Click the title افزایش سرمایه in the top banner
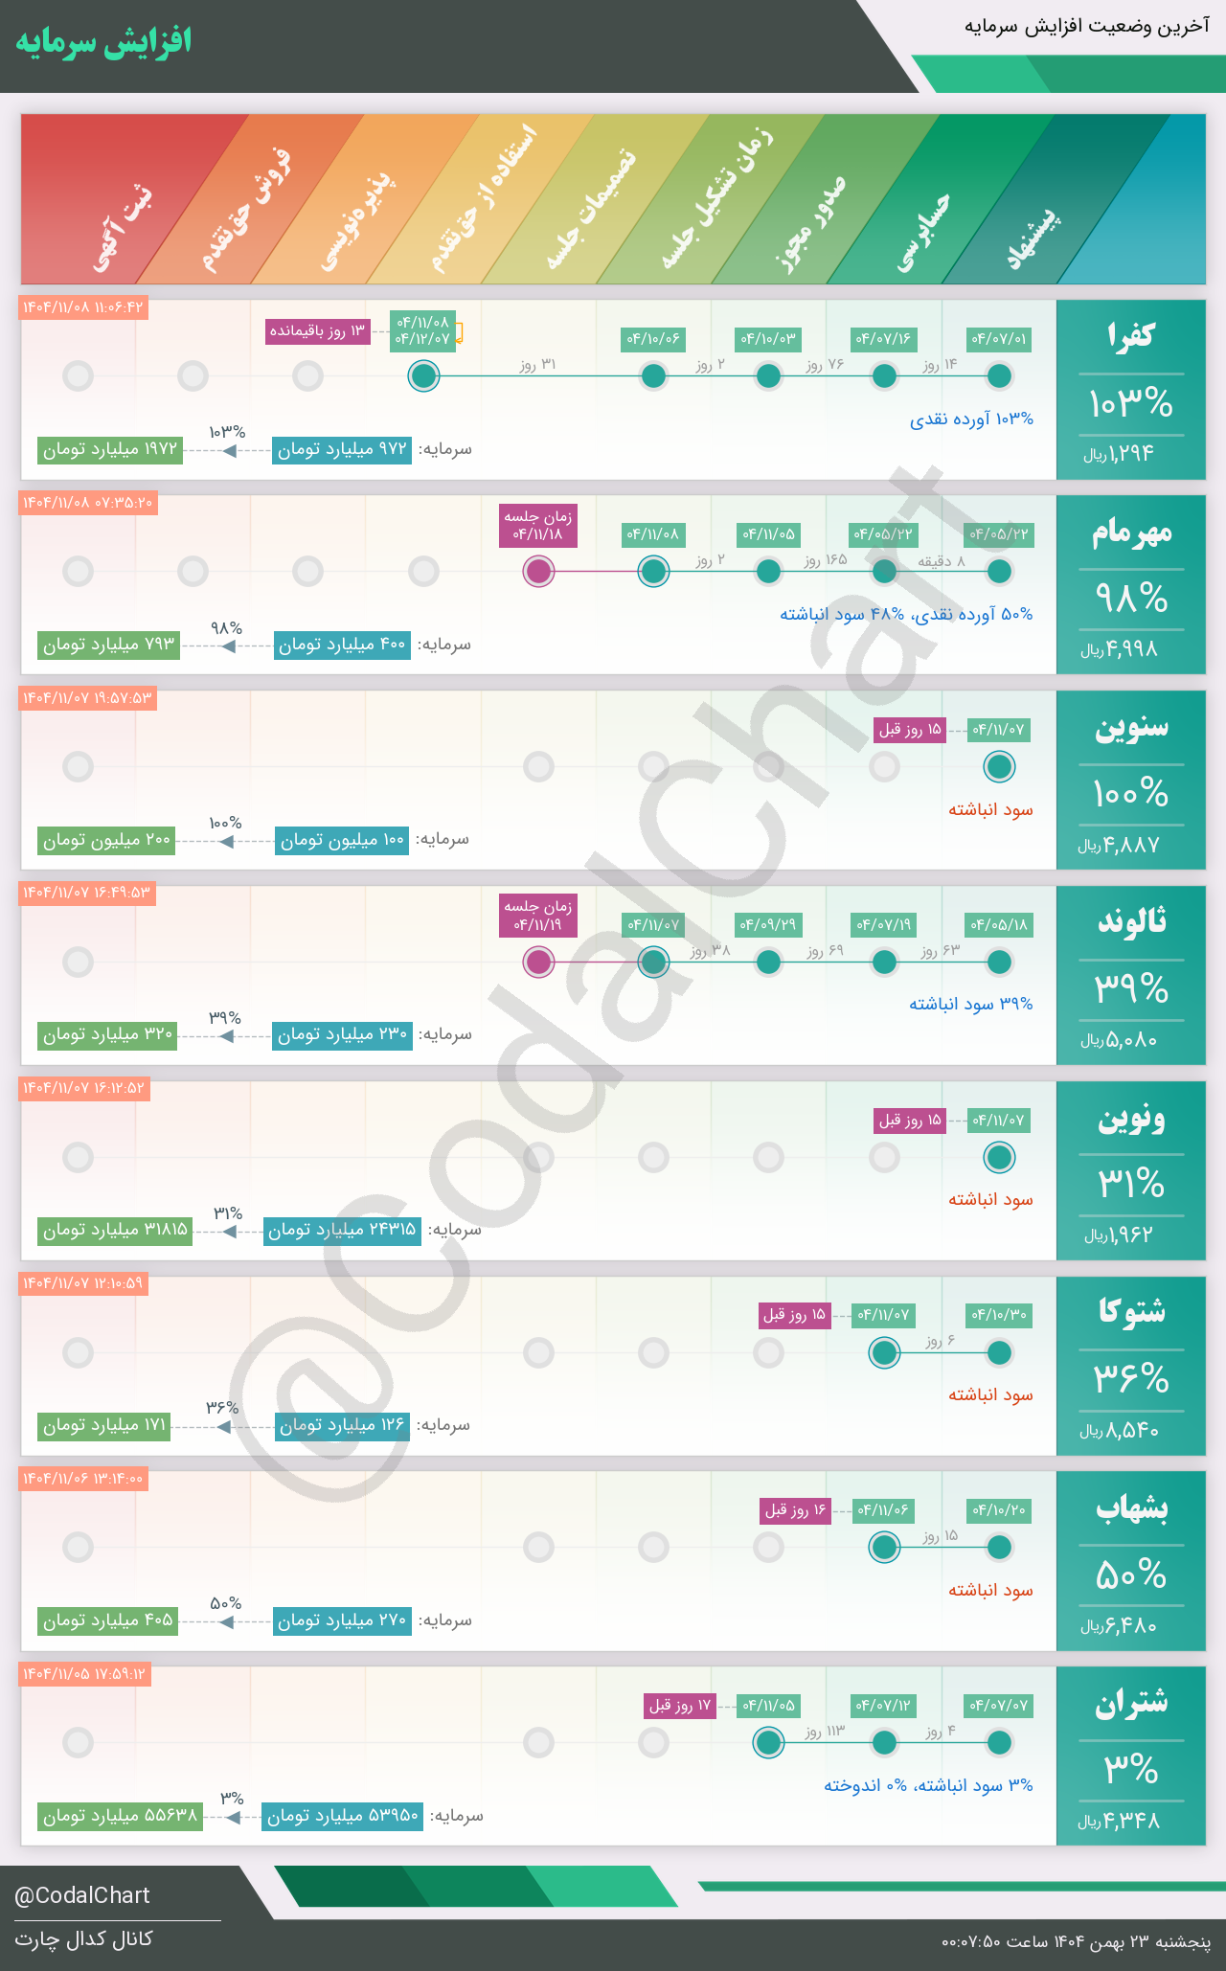point(103,42)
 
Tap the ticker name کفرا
point(1130,335)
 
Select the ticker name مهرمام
point(1131,532)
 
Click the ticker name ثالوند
point(1131,921)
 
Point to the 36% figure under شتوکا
point(1131,1379)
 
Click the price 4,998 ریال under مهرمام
point(1120,649)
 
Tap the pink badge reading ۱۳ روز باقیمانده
point(318,331)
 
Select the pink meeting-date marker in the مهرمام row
point(539,572)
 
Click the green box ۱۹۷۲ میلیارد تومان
point(110,449)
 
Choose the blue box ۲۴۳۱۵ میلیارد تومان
point(342,1230)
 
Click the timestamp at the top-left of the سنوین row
point(87,698)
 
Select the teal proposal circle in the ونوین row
point(999,1157)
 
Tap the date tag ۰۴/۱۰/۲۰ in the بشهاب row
point(999,1510)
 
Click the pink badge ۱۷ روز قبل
point(680,1706)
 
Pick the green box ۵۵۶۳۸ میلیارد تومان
point(121,1816)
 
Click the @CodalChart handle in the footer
point(82,1895)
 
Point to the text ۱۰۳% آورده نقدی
point(971,419)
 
